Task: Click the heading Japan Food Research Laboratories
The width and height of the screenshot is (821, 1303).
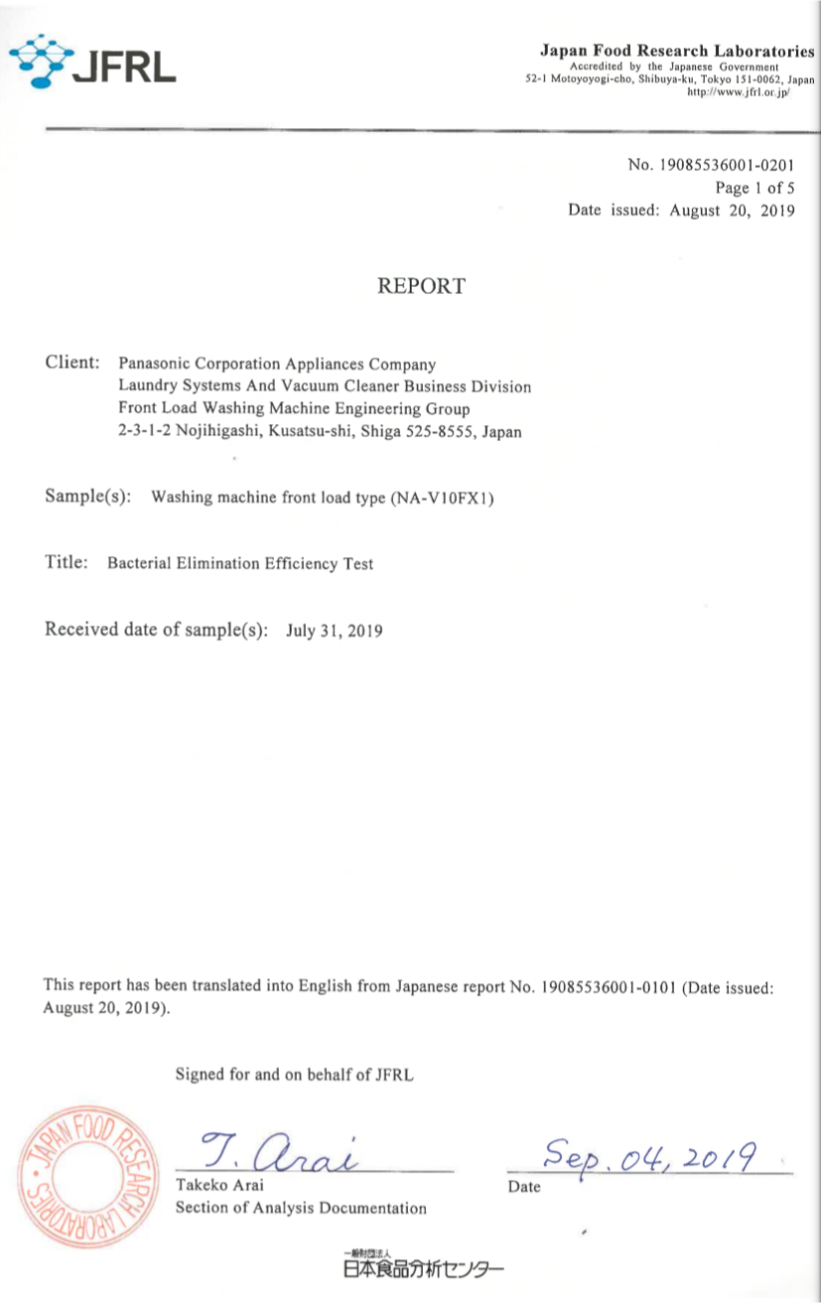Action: tap(678, 50)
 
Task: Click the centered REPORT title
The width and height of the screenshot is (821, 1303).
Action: tap(421, 287)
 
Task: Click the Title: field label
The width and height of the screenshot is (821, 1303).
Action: tap(68, 562)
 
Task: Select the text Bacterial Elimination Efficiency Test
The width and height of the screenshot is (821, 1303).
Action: tap(240, 563)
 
